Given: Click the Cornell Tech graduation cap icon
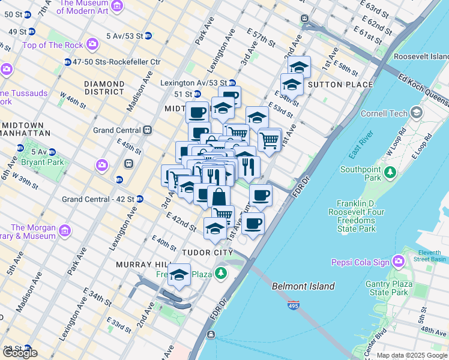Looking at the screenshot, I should pos(417,113).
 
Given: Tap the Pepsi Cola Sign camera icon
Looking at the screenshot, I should pos(397,262).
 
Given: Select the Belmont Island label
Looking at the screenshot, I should pos(303,286).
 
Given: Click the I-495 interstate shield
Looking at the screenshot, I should pos(294,305).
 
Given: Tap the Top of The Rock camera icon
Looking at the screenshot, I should pos(92,44).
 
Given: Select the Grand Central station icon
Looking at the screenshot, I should pos(147,130).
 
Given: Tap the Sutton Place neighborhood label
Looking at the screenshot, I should pos(340,85).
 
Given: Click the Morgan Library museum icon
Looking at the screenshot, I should pos(64,230).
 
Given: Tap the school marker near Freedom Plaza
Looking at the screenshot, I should pos(179,275).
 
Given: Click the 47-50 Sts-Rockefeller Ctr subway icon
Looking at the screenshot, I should pos(68,62).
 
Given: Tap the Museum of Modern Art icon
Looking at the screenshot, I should pos(117,7).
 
